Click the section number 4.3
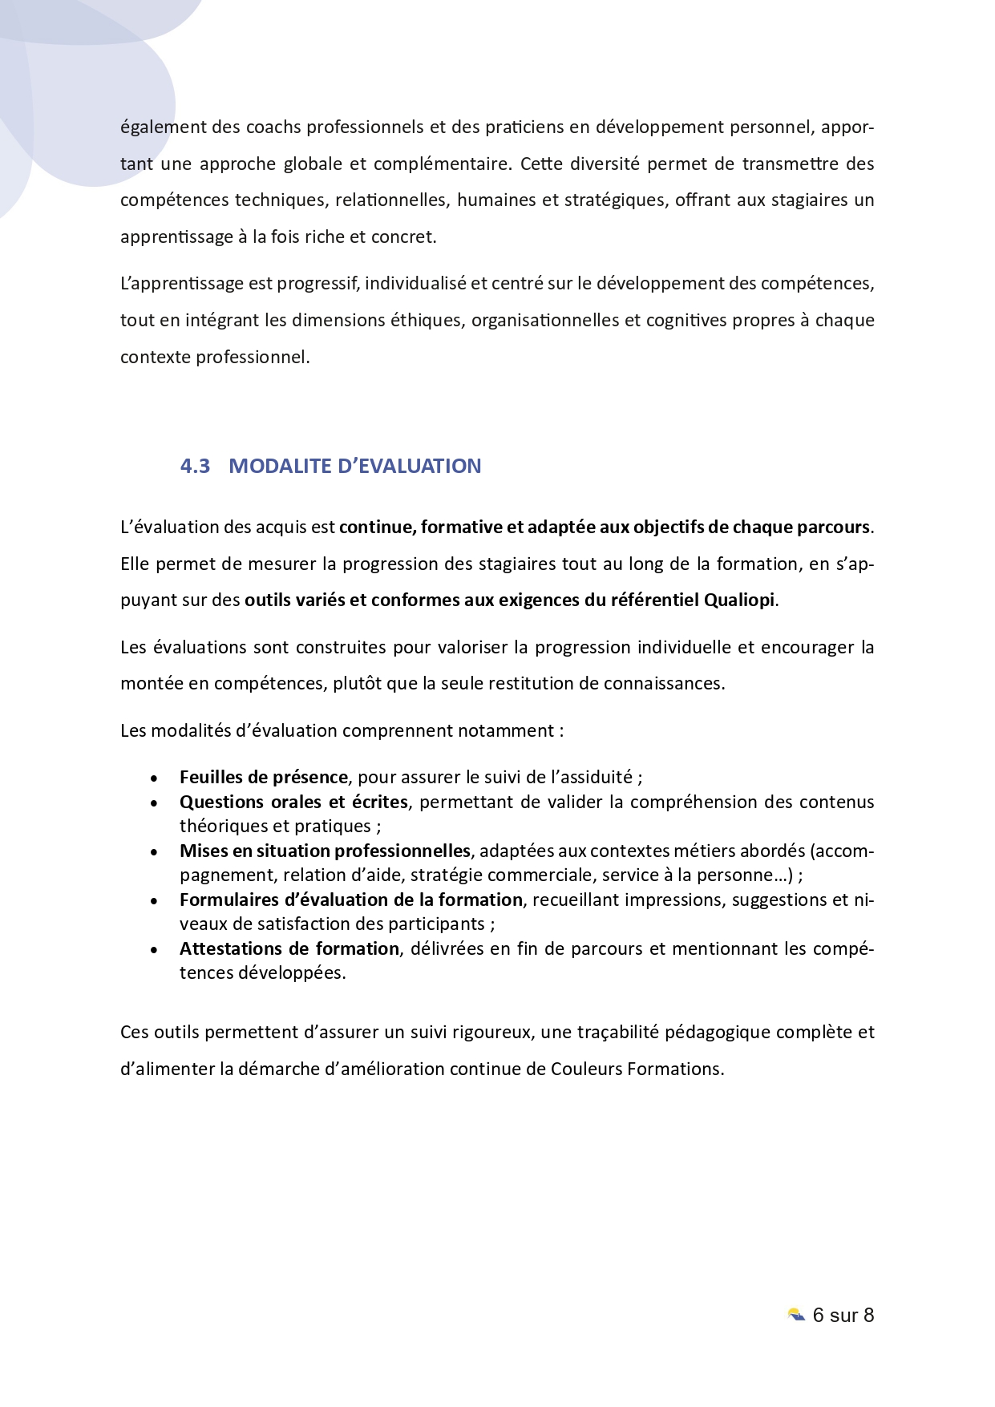(x=195, y=466)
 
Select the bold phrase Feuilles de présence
(x=264, y=777)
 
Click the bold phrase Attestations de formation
(x=289, y=948)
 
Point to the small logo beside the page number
(x=796, y=1315)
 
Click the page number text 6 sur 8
(x=843, y=1315)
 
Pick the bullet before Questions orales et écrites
(x=154, y=803)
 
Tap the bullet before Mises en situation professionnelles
(x=154, y=851)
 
